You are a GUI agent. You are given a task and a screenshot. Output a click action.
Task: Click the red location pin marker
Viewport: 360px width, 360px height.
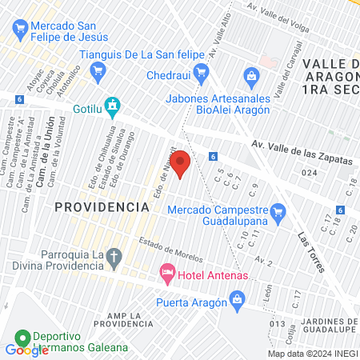pos(181,163)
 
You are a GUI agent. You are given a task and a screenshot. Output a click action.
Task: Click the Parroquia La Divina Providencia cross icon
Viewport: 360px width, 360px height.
pos(114,257)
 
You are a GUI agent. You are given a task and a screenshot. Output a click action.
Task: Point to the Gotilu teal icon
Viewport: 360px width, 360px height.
pos(113,104)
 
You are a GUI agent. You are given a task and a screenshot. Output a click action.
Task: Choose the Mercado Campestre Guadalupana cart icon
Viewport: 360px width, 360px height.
pos(278,212)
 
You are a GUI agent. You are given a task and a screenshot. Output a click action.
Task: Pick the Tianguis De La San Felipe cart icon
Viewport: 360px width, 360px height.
pos(98,70)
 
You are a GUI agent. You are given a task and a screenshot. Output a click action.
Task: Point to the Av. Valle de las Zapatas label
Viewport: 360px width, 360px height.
pos(302,152)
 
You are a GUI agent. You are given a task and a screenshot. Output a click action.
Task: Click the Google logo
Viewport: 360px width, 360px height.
pos(26,350)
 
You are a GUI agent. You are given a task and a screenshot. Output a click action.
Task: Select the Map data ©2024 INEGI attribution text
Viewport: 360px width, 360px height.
pos(311,354)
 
